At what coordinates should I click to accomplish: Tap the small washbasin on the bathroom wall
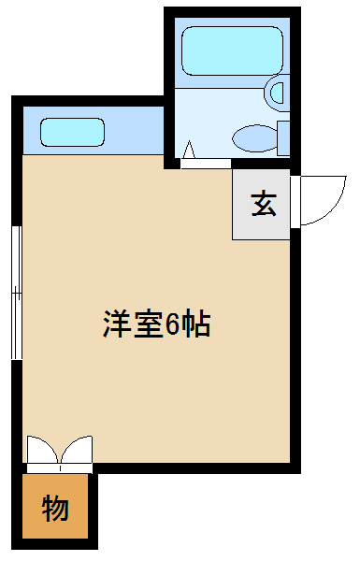tap(277, 92)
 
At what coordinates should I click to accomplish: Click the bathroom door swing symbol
tap(190, 151)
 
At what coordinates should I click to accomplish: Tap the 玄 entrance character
tap(263, 204)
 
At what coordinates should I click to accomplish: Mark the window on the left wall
tap(15, 292)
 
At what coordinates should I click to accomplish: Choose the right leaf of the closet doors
tap(78, 453)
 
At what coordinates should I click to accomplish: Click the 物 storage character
tap(54, 509)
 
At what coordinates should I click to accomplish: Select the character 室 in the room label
tap(147, 324)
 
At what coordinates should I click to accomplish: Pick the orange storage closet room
tap(56, 524)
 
